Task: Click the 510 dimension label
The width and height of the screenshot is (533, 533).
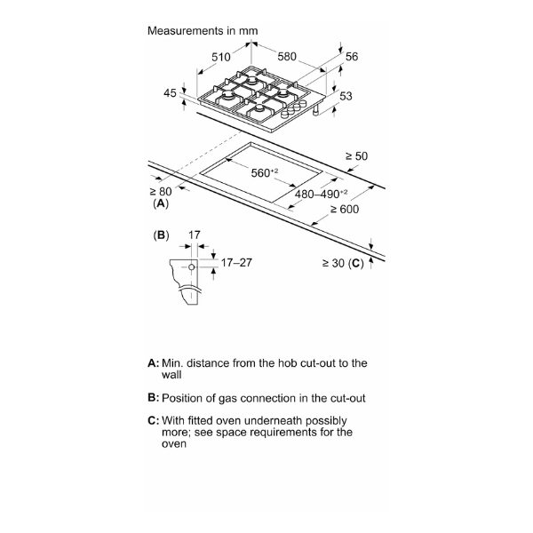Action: click(221, 57)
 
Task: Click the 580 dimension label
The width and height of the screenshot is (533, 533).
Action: click(287, 57)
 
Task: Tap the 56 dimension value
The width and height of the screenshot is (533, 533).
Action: click(352, 57)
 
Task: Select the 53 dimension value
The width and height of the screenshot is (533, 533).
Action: click(346, 96)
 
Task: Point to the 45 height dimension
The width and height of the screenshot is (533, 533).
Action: click(170, 92)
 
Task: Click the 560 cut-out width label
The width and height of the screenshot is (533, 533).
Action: click(265, 172)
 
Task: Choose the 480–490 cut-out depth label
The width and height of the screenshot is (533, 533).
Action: click(321, 194)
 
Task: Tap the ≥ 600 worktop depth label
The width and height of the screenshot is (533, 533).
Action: click(345, 209)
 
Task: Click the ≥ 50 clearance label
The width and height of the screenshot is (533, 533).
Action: click(356, 156)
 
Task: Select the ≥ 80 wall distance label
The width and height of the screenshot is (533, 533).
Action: click(161, 191)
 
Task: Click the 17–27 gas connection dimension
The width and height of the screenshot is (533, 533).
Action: click(236, 262)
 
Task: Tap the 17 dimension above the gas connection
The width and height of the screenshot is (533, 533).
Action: click(194, 235)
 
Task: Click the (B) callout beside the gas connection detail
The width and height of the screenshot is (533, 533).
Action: click(161, 235)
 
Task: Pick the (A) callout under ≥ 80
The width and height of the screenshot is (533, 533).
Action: click(161, 203)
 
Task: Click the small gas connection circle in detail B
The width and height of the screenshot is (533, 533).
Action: click(191, 267)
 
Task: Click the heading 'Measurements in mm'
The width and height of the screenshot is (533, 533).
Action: click(203, 30)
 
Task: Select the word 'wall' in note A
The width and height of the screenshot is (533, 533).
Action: click(171, 375)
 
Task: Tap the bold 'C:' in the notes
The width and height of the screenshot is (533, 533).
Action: click(154, 420)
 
